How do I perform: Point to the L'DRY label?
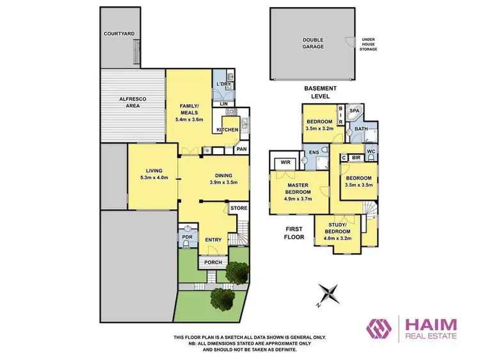pyautogui.click(x=223, y=84)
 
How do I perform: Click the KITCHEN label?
pyautogui.click(x=227, y=130)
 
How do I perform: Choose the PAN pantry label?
pyautogui.click(x=241, y=149)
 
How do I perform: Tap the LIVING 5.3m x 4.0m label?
pyautogui.click(x=153, y=174)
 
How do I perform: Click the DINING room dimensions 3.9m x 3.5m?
pyautogui.click(x=223, y=182)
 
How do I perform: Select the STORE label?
pyautogui.click(x=238, y=208)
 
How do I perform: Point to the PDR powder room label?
pyautogui.click(x=187, y=237)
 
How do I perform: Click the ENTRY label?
pyautogui.click(x=212, y=240)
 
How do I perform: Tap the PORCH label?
pyautogui.click(x=212, y=262)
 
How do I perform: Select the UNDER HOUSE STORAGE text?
pyautogui.click(x=369, y=43)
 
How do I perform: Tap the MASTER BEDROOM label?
pyautogui.click(x=297, y=189)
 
